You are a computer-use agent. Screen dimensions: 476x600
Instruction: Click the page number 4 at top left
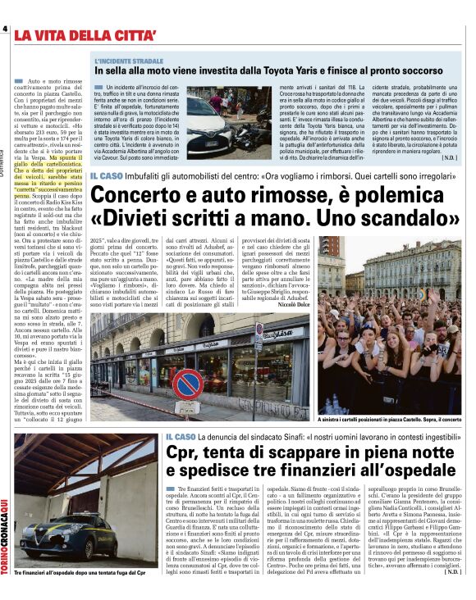pyautogui.click(x=5, y=29)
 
